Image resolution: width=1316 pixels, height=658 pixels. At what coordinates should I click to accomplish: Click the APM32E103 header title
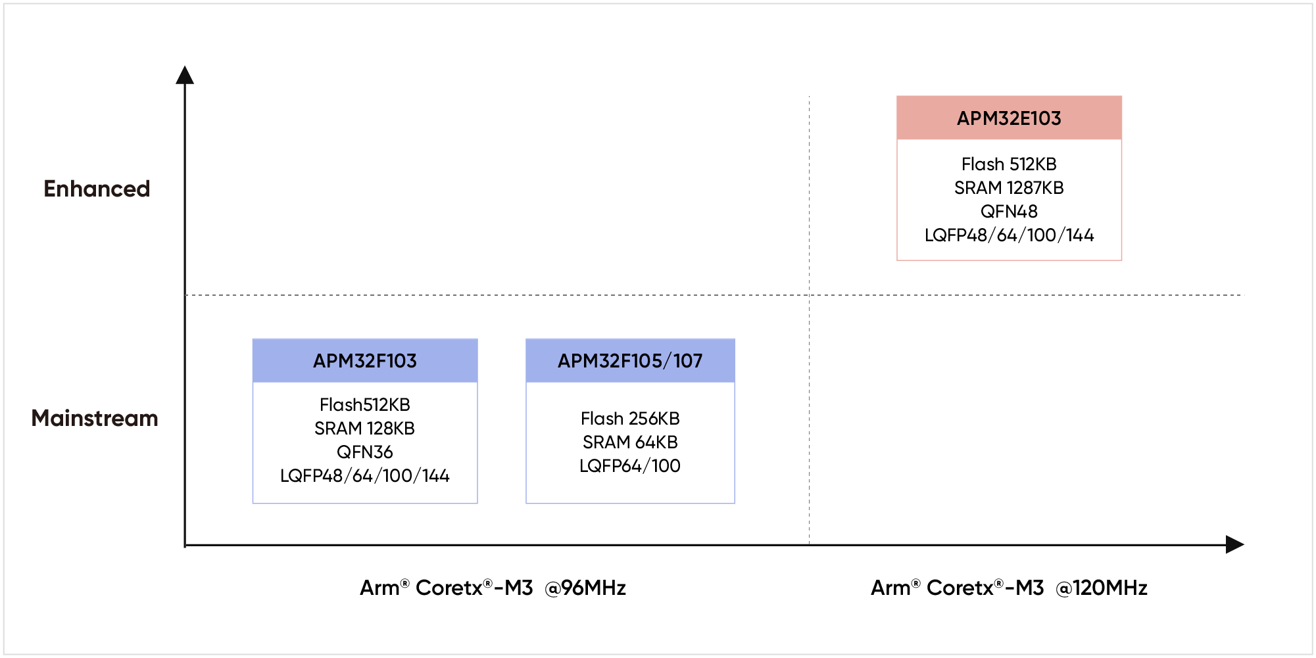point(1009,118)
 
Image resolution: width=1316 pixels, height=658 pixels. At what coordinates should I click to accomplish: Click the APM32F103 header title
point(365,361)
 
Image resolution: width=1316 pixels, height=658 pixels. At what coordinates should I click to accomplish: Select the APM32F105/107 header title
point(630,361)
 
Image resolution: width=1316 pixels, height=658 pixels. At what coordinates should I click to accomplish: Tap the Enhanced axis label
point(97,189)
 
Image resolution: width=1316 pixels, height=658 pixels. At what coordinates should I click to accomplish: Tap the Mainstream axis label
point(95,419)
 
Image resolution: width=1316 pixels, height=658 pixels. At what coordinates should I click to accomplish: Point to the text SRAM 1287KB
point(1009,188)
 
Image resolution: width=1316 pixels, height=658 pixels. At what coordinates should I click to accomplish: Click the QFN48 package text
point(1009,212)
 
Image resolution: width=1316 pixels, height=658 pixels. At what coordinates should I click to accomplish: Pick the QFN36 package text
point(365,452)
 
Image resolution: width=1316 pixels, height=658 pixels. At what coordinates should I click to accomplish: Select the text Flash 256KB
point(630,419)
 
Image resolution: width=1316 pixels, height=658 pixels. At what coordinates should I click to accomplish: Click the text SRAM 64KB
point(630,442)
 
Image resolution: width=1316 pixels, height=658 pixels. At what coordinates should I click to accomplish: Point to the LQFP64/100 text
point(630,466)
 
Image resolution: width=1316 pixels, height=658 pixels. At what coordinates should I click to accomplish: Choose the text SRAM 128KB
point(365,429)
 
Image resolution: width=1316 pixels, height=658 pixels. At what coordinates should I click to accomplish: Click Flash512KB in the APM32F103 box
point(365,405)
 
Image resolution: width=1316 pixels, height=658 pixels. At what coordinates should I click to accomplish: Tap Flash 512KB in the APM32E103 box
point(1009,164)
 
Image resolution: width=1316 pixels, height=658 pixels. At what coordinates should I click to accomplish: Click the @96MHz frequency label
point(585,588)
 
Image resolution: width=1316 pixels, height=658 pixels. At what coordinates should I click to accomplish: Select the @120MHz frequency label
point(1102,588)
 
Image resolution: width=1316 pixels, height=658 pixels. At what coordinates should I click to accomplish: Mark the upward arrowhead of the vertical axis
point(185,75)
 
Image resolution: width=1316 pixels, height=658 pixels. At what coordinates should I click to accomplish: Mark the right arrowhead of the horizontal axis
point(1234,544)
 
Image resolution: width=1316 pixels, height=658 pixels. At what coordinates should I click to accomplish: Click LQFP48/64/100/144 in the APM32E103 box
point(1009,235)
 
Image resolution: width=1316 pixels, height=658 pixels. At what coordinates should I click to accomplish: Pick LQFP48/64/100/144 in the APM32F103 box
point(365,476)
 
